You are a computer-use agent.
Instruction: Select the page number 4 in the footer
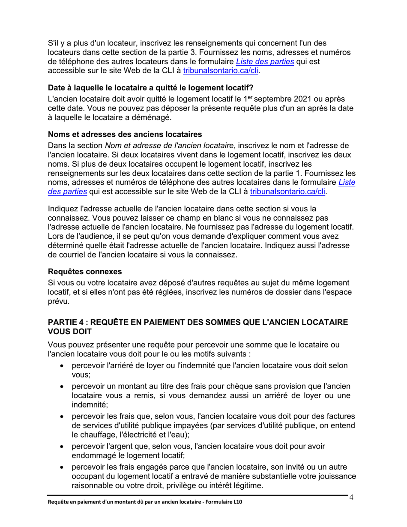(351, 497)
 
